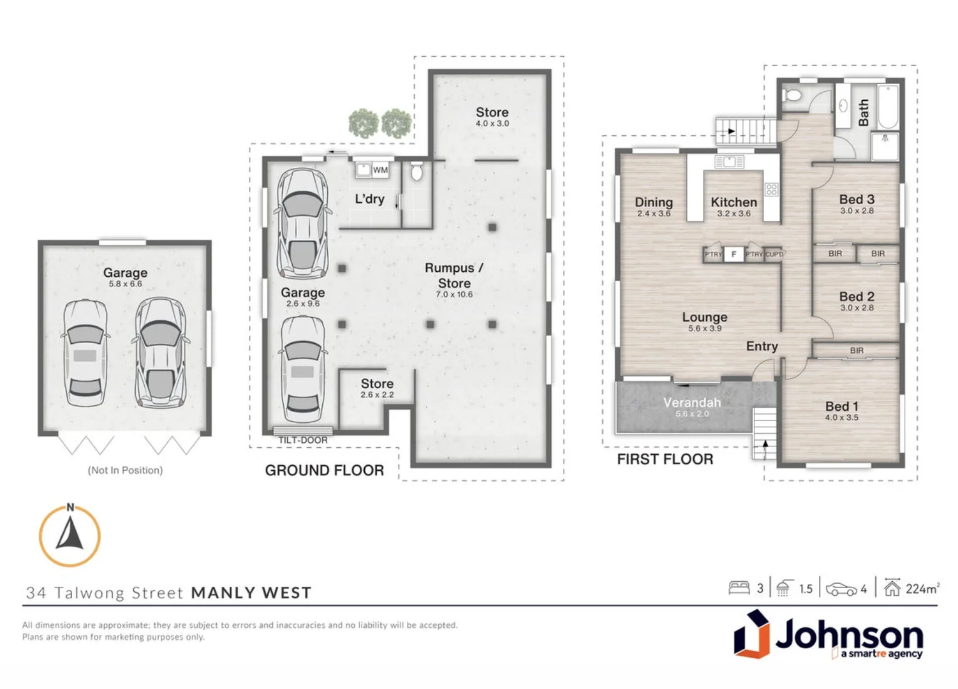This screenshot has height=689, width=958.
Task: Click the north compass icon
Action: pyautogui.click(x=70, y=536)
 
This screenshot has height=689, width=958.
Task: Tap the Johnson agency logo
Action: pyautogui.click(x=828, y=635)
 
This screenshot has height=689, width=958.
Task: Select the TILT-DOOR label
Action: pyautogui.click(x=302, y=440)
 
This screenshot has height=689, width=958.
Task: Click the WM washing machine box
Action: pyautogui.click(x=380, y=170)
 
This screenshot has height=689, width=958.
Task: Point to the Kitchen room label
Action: pyautogui.click(x=733, y=202)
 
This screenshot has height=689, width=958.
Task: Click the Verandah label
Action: pyautogui.click(x=692, y=403)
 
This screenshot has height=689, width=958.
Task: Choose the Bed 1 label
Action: pyautogui.click(x=841, y=406)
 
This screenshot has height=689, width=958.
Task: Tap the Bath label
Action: pyautogui.click(x=864, y=112)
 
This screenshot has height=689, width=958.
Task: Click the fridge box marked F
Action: pyautogui.click(x=733, y=254)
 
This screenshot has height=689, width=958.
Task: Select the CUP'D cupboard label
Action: pyautogui.click(x=774, y=254)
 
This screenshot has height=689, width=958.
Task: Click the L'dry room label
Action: pyautogui.click(x=369, y=199)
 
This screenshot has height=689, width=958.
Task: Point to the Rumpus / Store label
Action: pyautogui.click(x=454, y=276)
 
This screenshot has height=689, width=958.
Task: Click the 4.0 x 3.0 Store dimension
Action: pyautogui.click(x=492, y=124)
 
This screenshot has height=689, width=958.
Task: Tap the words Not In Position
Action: pyautogui.click(x=125, y=470)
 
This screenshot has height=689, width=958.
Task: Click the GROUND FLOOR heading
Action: pyautogui.click(x=324, y=471)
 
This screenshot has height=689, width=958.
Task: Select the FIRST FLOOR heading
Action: pyautogui.click(x=665, y=459)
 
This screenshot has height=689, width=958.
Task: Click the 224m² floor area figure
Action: pyautogui.click(x=922, y=589)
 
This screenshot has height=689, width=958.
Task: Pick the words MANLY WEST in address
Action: pyautogui.click(x=251, y=593)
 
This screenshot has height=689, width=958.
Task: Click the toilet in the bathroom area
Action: pyautogui.click(x=793, y=96)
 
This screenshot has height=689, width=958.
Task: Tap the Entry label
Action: pyautogui.click(x=762, y=346)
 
